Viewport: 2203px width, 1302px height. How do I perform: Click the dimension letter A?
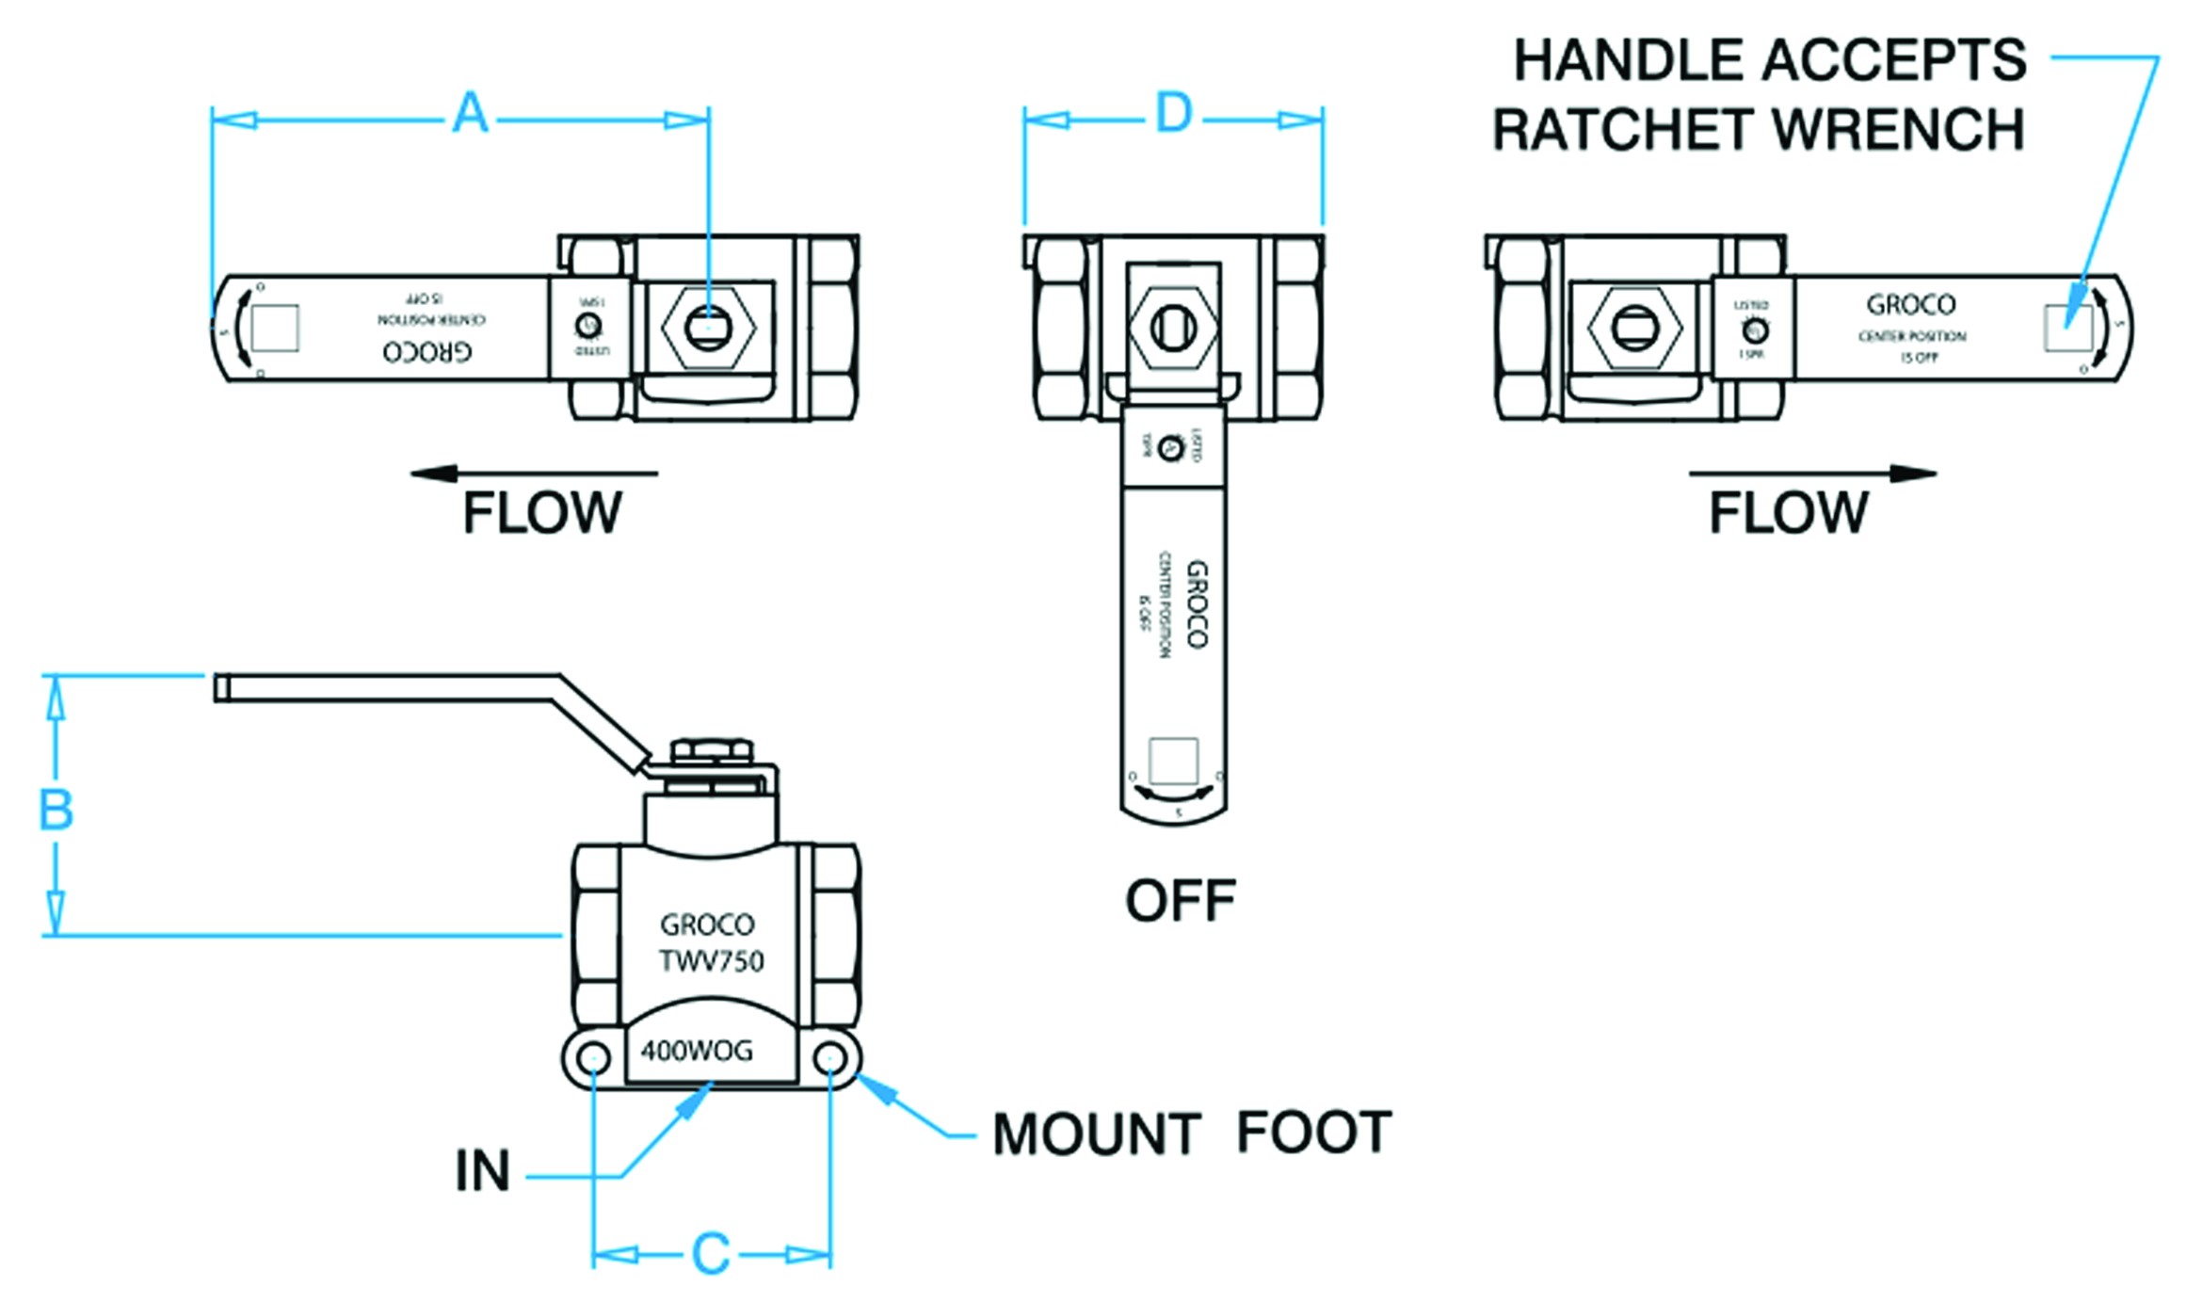pos(470,114)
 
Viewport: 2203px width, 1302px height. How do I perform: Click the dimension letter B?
pos(56,810)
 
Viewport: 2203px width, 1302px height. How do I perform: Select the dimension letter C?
pos(711,1254)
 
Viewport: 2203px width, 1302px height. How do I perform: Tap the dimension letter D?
pos(1173,114)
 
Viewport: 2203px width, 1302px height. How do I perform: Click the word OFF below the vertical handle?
pos(1180,901)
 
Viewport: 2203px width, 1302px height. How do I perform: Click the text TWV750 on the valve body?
pos(711,961)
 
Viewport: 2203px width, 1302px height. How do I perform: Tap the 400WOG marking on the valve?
pos(697,1051)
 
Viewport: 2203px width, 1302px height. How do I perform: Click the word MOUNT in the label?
pos(1096,1133)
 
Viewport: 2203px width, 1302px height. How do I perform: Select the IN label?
pos(482,1171)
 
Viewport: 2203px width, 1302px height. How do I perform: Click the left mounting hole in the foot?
pos(592,1059)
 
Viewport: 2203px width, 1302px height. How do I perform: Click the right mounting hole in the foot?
pos(829,1059)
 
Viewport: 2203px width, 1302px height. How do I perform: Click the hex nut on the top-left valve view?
pos(708,328)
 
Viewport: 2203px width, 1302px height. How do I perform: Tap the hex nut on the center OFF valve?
pos(1173,328)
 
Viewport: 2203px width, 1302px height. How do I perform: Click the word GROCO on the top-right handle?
pos(1910,305)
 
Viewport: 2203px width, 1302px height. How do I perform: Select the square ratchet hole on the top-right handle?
pos(2068,328)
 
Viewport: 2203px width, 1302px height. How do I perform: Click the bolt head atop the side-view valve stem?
pos(712,750)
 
